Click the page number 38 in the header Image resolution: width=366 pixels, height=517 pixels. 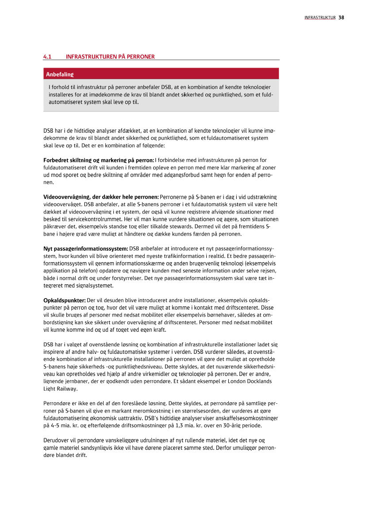341,18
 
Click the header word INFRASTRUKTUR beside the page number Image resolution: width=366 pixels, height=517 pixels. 320,18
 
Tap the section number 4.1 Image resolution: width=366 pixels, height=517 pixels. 47,57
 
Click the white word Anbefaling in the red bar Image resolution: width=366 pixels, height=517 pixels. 60,74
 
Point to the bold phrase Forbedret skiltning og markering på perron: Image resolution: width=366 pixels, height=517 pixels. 99,160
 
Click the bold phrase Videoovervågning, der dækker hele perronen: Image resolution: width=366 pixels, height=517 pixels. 101,196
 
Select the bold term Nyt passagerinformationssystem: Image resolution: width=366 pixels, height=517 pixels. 86,249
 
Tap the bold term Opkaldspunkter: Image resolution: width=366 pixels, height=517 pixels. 64,300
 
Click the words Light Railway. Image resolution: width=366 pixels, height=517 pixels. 60,388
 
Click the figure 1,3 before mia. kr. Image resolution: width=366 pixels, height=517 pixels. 171,425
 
